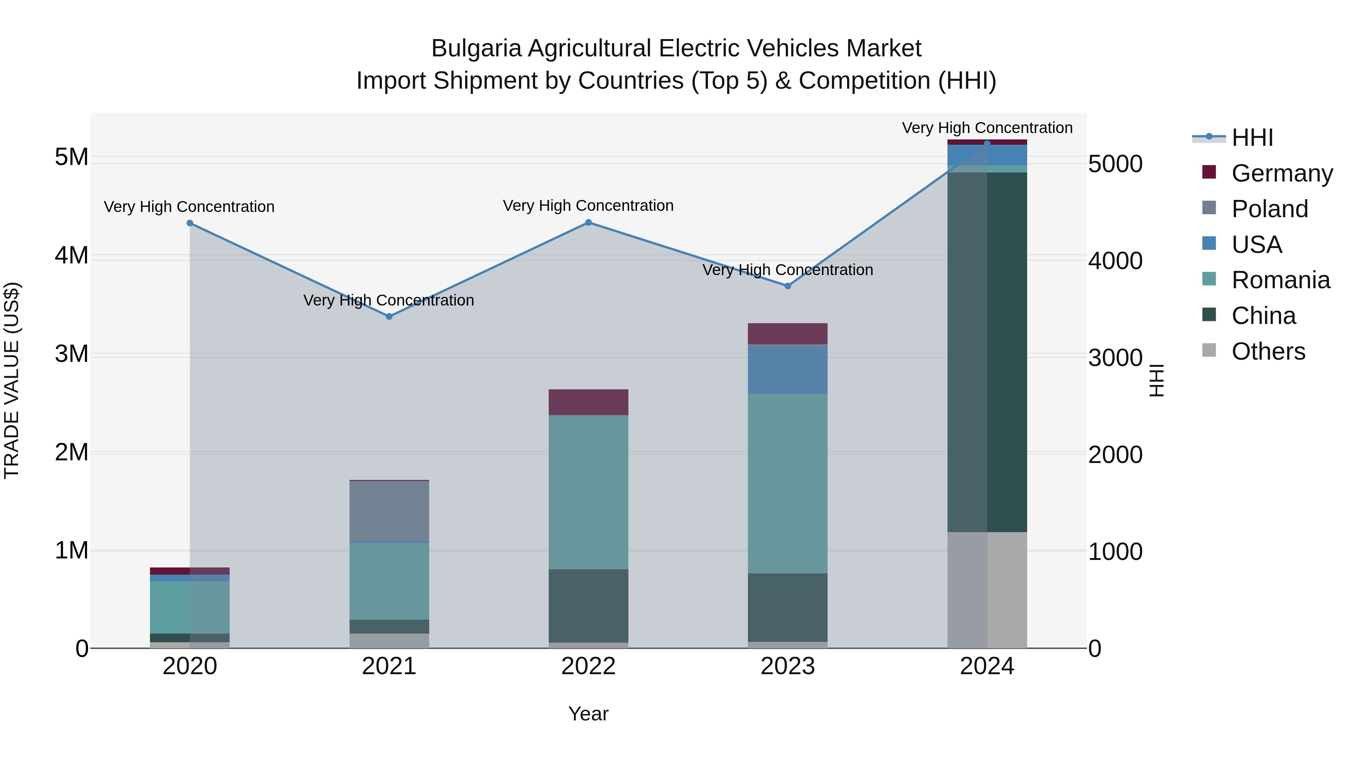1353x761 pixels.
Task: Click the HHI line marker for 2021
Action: [x=389, y=316]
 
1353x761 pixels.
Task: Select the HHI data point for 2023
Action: [x=788, y=286]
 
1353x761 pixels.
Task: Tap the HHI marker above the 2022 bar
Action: [x=588, y=223]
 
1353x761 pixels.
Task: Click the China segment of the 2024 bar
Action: [x=987, y=352]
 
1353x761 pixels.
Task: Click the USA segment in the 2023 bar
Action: [x=788, y=370]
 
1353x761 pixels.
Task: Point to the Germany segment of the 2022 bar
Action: [x=588, y=402]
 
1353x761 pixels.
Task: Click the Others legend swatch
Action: [x=1209, y=350]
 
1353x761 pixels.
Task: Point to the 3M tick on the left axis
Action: [x=72, y=354]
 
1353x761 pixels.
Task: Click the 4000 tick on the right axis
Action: [x=1115, y=261]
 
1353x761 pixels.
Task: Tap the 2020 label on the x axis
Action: [x=190, y=666]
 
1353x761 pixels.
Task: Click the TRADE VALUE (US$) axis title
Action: [x=12, y=380]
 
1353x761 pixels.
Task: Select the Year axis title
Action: [x=588, y=714]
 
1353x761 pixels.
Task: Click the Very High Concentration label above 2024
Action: [x=987, y=128]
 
